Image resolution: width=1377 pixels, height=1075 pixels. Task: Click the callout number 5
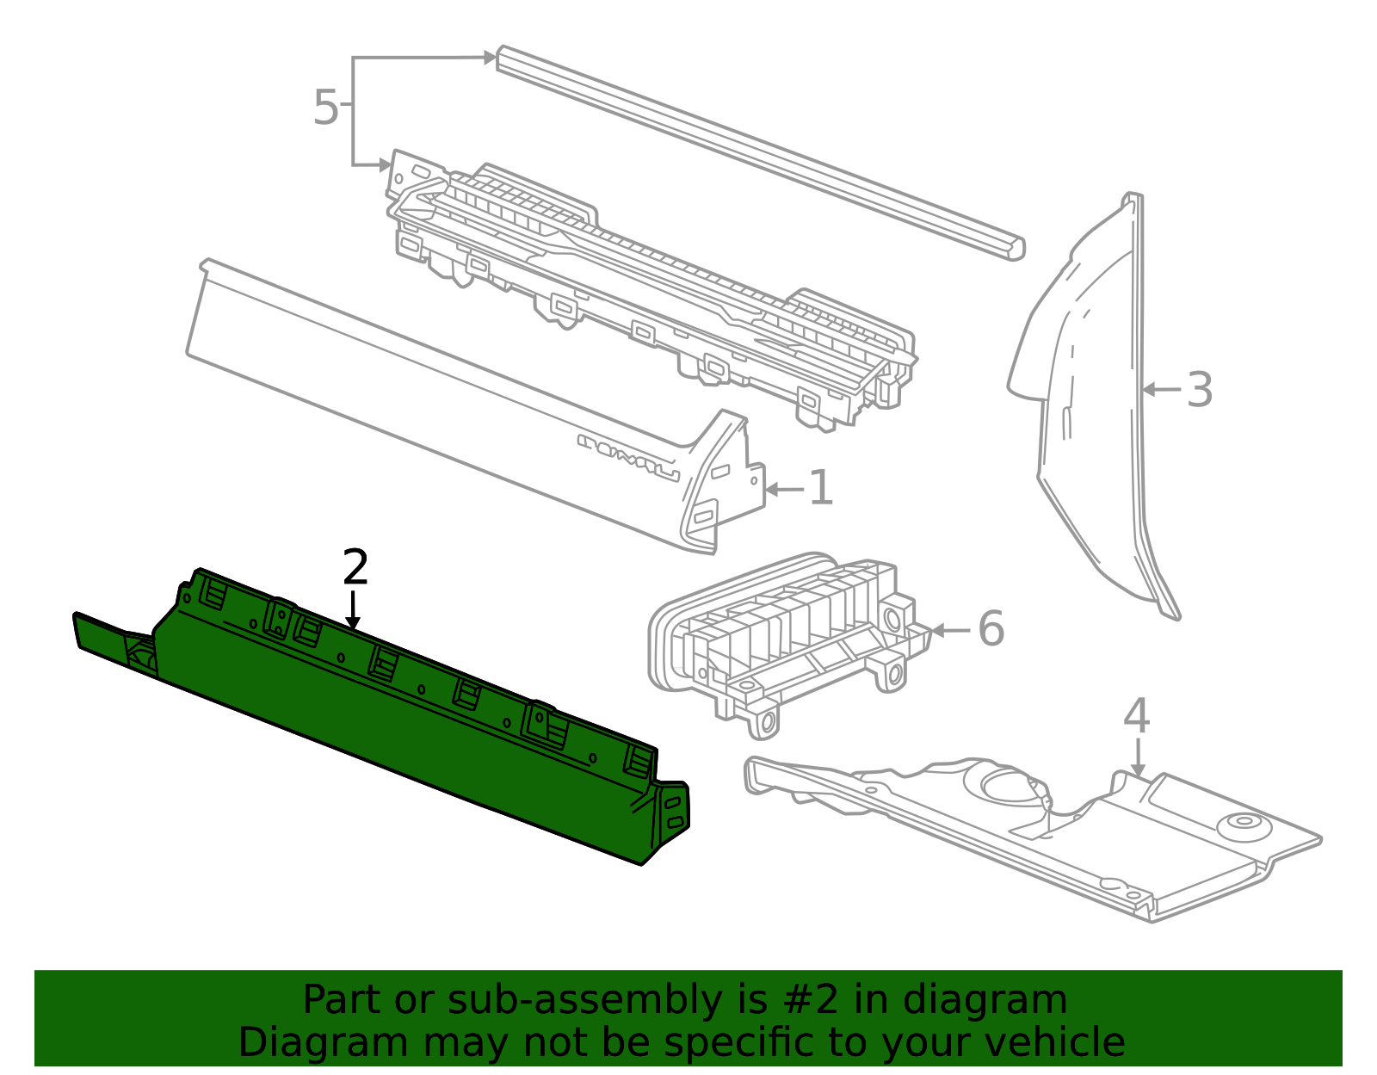(325, 107)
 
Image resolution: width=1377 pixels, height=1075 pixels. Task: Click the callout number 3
(1199, 390)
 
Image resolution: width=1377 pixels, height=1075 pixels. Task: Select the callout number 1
(821, 488)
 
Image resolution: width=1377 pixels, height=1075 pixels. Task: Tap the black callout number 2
(355, 567)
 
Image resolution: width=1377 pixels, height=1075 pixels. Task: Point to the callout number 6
(991, 628)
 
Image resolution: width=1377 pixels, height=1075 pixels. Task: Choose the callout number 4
(1137, 716)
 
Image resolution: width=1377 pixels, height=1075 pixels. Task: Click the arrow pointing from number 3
(1161, 390)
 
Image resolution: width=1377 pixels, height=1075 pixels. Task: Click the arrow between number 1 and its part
(785, 489)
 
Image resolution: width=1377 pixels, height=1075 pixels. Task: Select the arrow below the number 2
(353, 611)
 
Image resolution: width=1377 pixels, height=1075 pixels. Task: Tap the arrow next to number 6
(951, 630)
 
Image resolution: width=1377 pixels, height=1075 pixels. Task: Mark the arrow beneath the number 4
(1138, 758)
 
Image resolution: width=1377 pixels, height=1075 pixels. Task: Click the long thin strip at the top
(761, 152)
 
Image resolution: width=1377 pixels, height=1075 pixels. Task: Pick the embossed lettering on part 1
(628, 457)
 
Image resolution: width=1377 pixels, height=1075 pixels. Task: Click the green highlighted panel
(380, 716)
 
